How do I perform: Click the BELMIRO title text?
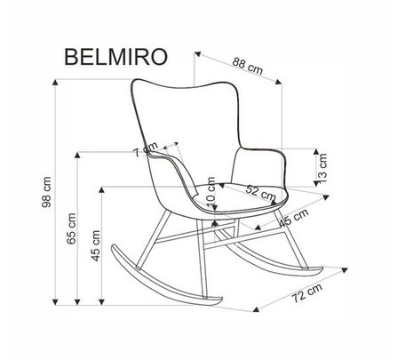tap(116, 57)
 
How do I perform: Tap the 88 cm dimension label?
tap(248, 66)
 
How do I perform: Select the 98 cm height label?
tap(47, 192)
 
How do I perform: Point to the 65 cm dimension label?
tap(71, 228)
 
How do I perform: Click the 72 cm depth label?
tap(307, 292)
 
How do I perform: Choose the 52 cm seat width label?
tap(260, 193)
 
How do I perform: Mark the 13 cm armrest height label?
tap(322, 168)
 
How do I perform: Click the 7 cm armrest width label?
tap(146, 149)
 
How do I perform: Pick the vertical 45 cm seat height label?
tap(96, 245)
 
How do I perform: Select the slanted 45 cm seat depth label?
tap(294, 218)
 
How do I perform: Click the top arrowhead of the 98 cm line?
tap(55, 82)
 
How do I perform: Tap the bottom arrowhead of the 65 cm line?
tap(77, 302)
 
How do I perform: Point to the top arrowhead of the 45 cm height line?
tap(101, 190)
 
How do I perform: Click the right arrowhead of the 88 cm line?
tap(278, 82)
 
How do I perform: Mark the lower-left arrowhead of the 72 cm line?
tap(256, 309)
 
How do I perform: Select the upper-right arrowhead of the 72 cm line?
tap(344, 270)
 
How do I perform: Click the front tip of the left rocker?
tap(221, 300)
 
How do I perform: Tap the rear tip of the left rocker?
tap(113, 246)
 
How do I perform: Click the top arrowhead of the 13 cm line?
tap(316, 151)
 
